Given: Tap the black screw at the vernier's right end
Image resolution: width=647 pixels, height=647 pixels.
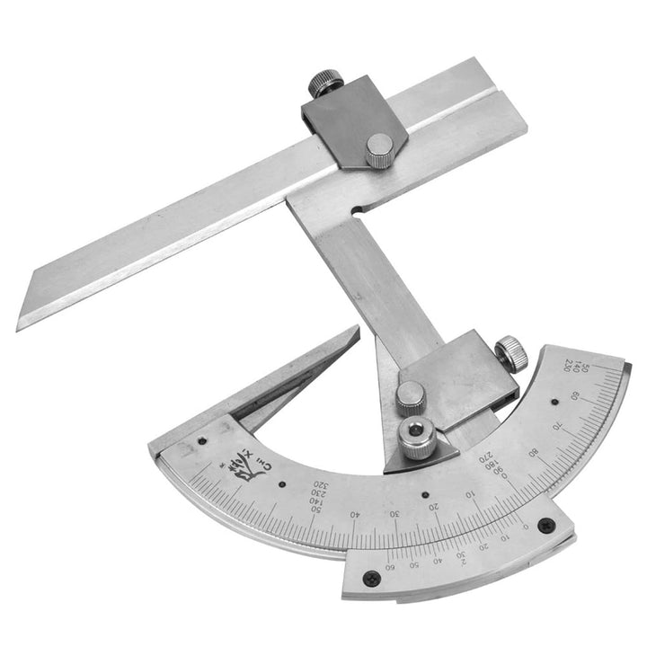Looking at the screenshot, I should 545,524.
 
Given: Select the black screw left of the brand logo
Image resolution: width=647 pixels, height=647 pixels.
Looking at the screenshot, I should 202,441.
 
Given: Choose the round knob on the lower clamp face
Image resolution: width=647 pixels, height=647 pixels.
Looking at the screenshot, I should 410,394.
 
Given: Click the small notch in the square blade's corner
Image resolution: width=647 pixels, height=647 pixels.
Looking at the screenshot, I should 358,212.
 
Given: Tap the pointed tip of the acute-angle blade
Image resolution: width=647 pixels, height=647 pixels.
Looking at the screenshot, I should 357,330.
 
